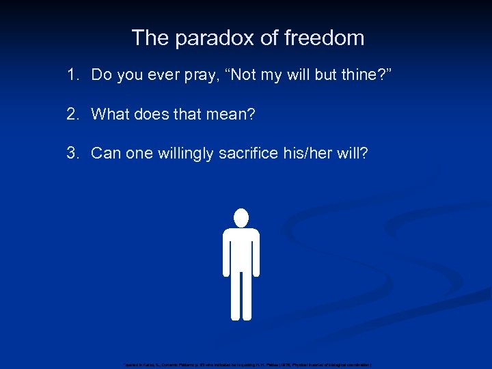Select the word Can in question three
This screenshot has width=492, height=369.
(x=105, y=152)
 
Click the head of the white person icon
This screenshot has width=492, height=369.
(x=241, y=217)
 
